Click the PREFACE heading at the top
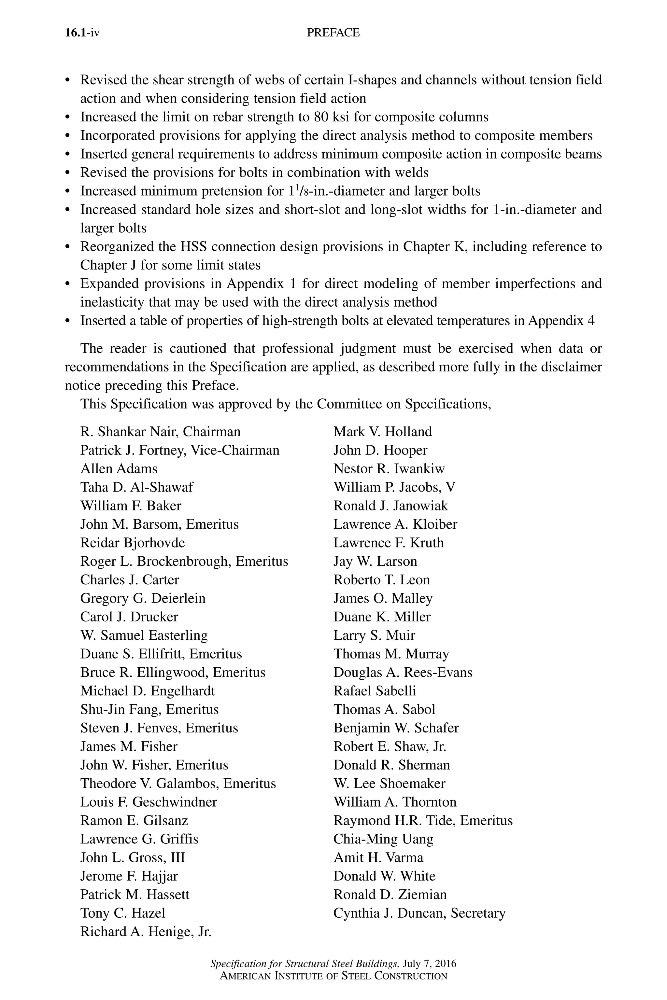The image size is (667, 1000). click(333, 33)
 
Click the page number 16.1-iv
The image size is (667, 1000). click(82, 33)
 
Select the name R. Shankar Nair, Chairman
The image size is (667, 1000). click(160, 432)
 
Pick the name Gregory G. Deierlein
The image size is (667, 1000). click(143, 598)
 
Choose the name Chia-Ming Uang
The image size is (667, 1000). click(383, 839)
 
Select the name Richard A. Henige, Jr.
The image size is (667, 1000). click(146, 932)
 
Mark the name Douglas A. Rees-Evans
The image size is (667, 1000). click(403, 672)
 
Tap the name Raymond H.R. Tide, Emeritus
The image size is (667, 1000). click(423, 820)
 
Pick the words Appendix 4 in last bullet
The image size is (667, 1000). click(561, 321)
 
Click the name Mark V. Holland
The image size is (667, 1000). click(382, 432)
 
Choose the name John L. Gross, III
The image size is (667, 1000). click(133, 857)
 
